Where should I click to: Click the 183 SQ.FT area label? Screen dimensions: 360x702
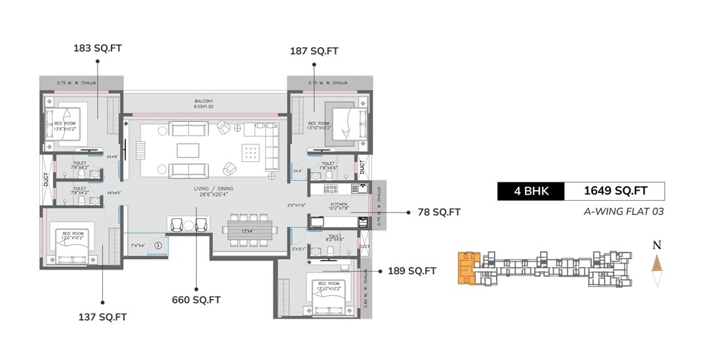(98, 49)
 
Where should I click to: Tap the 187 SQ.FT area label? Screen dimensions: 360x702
(314, 51)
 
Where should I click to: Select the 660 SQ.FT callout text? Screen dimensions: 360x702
(196, 300)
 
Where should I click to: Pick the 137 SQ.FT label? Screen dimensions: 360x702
(102, 317)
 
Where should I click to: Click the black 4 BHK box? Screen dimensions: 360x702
(531, 191)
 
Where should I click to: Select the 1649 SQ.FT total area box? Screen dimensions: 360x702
(615, 191)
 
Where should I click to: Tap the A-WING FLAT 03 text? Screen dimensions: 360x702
(623, 211)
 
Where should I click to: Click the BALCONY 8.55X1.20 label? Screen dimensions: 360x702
(203, 104)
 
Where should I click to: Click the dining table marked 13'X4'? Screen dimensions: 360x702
(246, 230)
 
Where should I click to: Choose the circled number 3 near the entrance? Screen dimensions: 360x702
(157, 245)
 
